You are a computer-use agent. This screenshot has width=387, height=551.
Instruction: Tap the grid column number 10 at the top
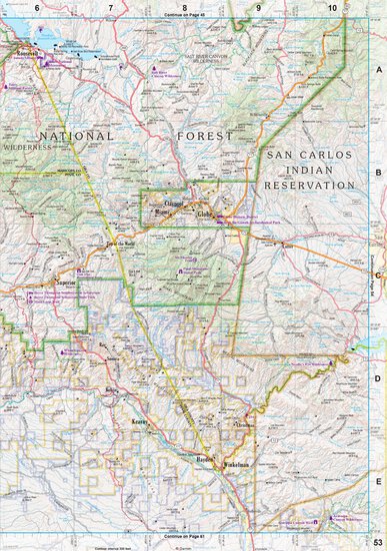click(x=332, y=7)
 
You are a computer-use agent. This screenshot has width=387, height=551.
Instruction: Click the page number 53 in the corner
click(x=377, y=541)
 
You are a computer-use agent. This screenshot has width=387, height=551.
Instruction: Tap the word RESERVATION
click(x=308, y=185)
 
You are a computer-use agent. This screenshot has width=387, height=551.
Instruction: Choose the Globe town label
click(x=206, y=214)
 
